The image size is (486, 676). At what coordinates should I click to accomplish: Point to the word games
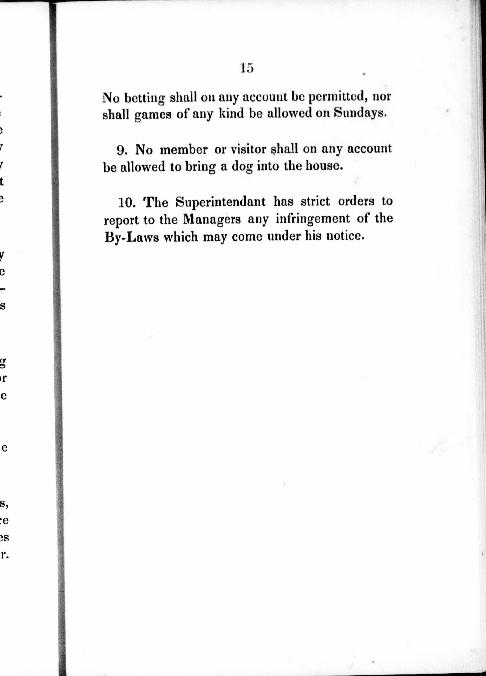pyautogui.click(x=153, y=115)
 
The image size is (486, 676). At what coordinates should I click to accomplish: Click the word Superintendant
pyautogui.click(x=220, y=202)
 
